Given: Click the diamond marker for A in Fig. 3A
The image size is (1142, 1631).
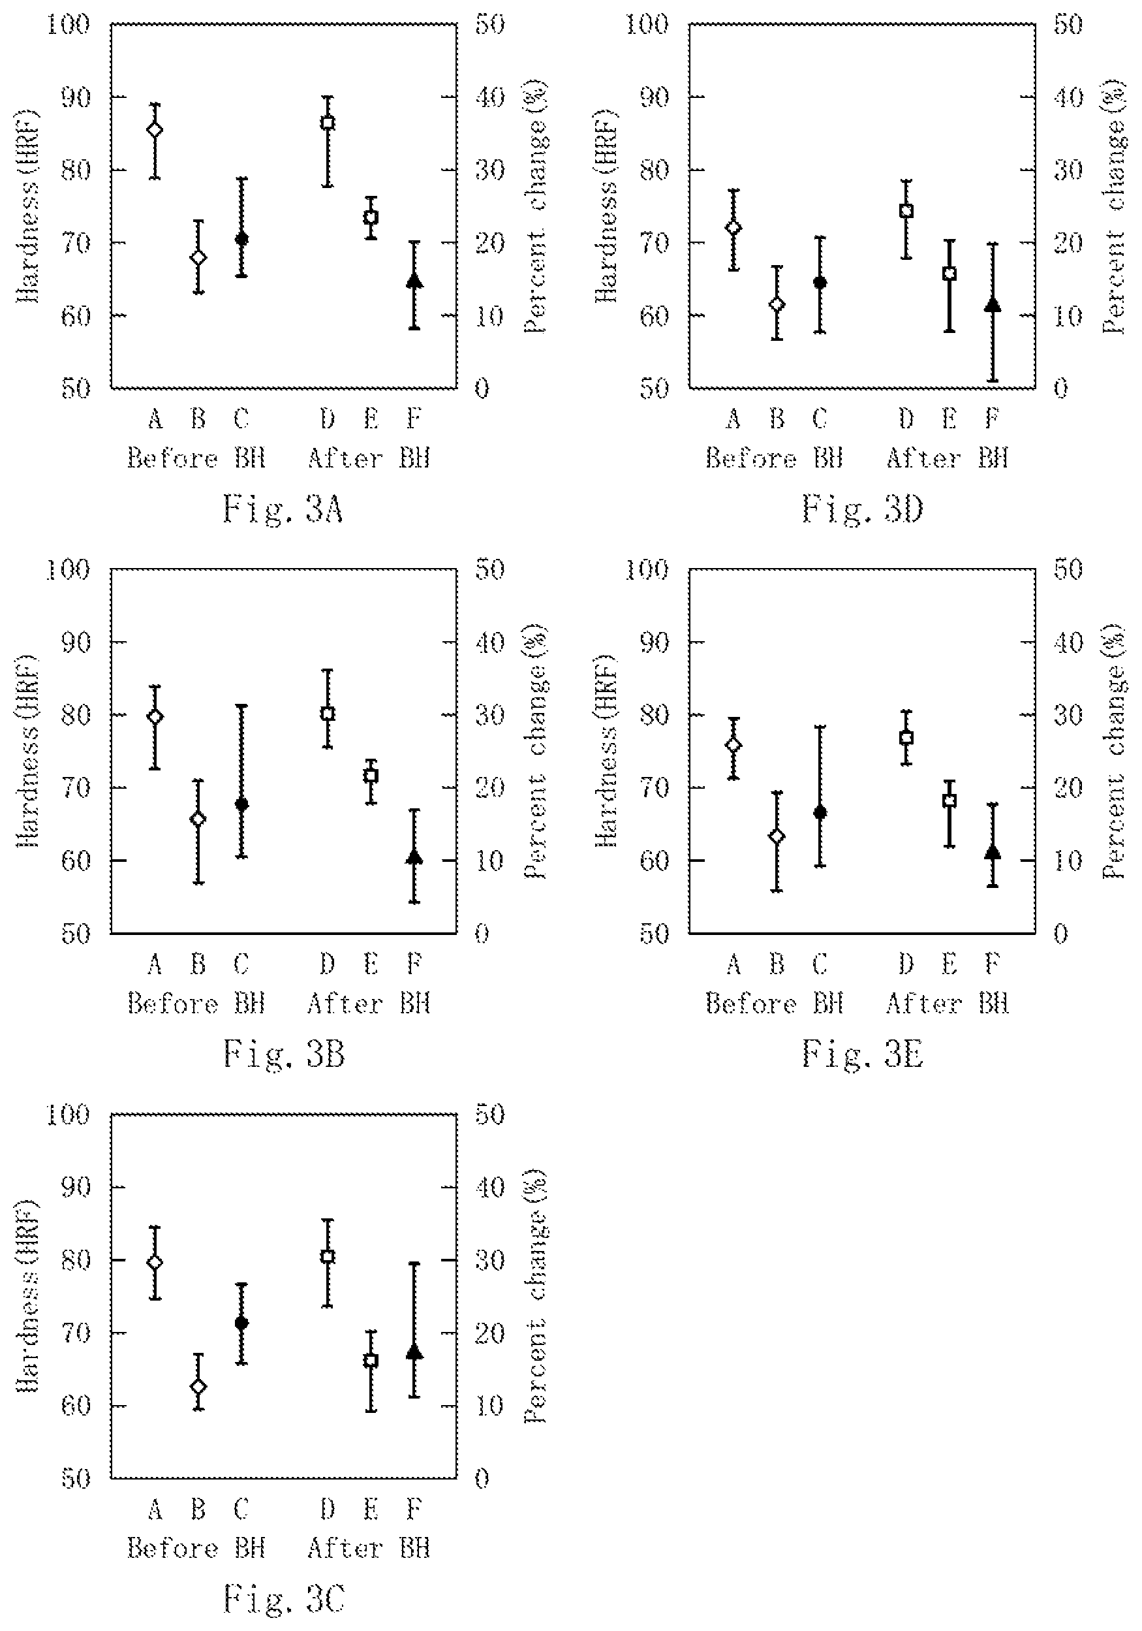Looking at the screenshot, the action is click(x=155, y=129).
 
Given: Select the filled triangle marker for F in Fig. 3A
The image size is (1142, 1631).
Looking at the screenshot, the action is click(x=415, y=281).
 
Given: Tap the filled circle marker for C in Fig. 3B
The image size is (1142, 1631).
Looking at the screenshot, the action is click(x=241, y=804).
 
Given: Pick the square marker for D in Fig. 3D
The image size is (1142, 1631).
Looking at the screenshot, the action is click(x=906, y=211).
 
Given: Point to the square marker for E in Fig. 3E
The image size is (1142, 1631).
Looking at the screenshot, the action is click(x=949, y=800).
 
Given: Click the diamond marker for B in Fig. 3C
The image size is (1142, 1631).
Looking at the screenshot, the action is click(x=198, y=1386).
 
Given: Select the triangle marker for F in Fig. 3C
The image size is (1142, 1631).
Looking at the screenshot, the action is click(x=415, y=1352).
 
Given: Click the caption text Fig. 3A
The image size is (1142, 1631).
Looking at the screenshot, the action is click(x=283, y=509).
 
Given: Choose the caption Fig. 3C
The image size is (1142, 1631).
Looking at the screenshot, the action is click(x=283, y=1599).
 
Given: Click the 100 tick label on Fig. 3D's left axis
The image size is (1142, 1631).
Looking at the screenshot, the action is click(x=646, y=24).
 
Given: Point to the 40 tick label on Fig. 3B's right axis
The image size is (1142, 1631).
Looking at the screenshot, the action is click(x=489, y=642).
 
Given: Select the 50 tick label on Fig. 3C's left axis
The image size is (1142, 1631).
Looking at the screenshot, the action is click(x=76, y=1479).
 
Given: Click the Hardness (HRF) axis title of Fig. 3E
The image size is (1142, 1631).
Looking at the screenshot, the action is click(x=606, y=750).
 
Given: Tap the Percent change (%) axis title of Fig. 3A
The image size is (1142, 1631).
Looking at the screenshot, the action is click(x=536, y=206).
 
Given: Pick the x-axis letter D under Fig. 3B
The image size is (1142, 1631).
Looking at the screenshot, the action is click(x=328, y=964).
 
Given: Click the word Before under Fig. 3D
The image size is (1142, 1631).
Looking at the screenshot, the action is click(x=750, y=458).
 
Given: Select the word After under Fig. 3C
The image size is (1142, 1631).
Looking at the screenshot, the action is click(x=345, y=1549).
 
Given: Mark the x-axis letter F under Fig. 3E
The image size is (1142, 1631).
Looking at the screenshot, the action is click(x=993, y=964).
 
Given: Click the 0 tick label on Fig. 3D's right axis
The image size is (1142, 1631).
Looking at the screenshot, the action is click(x=1060, y=388).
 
